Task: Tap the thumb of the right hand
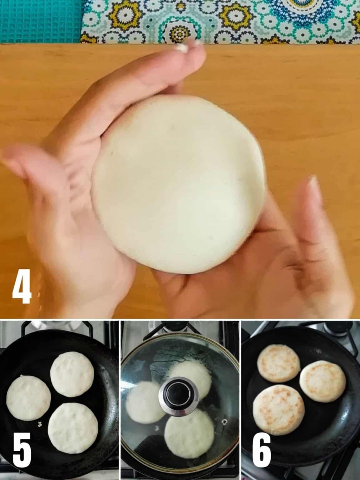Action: point(312,203)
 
